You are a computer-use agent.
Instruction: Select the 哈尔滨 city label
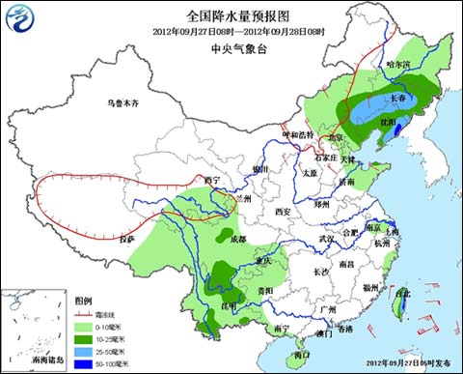pyautogui.click(x=397, y=64)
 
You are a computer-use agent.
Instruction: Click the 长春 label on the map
pyautogui.click(x=400, y=98)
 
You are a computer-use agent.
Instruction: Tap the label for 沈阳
pyautogui.click(x=389, y=123)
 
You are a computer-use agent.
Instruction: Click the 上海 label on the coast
pyautogui.click(x=390, y=232)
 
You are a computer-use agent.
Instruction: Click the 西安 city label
pyautogui.click(x=282, y=210)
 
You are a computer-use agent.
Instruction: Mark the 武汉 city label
pyautogui.click(x=328, y=238)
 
